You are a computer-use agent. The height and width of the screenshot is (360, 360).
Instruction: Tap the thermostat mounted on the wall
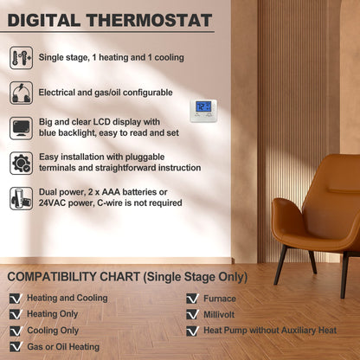click(x=203, y=111)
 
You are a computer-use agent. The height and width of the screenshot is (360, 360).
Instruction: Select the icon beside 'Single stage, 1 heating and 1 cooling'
click(x=22, y=58)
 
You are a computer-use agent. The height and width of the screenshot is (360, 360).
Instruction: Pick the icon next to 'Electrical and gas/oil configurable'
click(x=22, y=93)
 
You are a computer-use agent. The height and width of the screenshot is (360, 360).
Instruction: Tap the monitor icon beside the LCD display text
click(x=22, y=128)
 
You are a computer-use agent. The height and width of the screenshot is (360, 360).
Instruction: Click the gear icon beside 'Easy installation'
click(x=22, y=163)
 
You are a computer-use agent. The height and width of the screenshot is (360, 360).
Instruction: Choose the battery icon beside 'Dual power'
click(x=22, y=198)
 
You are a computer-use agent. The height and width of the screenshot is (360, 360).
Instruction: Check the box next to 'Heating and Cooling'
click(x=15, y=299)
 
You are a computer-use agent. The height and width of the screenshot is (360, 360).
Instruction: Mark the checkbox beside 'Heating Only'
click(x=15, y=314)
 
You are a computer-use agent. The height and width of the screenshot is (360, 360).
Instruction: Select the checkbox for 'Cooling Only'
click(x=15, y=331)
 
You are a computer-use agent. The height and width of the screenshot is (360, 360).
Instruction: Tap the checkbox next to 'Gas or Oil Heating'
click(x=15, y=347)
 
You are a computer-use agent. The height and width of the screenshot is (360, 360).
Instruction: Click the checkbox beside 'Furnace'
click(x=191, y=299)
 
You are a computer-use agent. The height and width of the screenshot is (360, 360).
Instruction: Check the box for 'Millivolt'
click(x=191, y=314)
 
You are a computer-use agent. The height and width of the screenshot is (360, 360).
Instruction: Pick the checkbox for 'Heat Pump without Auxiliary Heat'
click(x=191, y=331)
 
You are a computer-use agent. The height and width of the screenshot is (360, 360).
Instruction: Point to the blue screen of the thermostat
click(x=203, y=107)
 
